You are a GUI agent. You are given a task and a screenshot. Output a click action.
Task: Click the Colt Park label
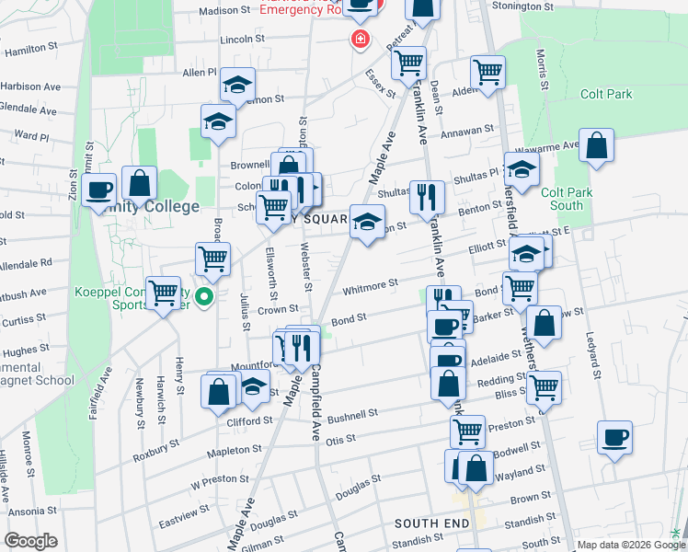pos(606,94)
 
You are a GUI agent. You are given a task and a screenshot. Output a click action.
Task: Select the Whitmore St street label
pos(369,289)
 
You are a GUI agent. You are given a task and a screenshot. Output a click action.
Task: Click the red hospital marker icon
pos(358,40)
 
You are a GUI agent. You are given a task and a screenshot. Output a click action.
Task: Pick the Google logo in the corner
pos(29,541)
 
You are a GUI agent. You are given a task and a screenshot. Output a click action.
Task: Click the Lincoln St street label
pos(242,40)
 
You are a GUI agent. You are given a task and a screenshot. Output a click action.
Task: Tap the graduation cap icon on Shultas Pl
pos(522,170)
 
